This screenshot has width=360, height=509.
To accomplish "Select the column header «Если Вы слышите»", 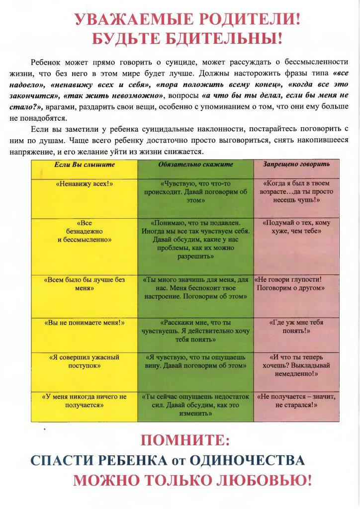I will pos(84,164).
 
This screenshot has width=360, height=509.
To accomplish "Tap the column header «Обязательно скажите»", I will pos(195,164).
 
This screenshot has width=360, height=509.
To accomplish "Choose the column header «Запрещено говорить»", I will pos(296,164).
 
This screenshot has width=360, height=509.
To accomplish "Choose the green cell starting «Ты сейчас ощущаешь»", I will pos(195,405).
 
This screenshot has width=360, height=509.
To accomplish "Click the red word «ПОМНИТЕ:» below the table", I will pos(185,440).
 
